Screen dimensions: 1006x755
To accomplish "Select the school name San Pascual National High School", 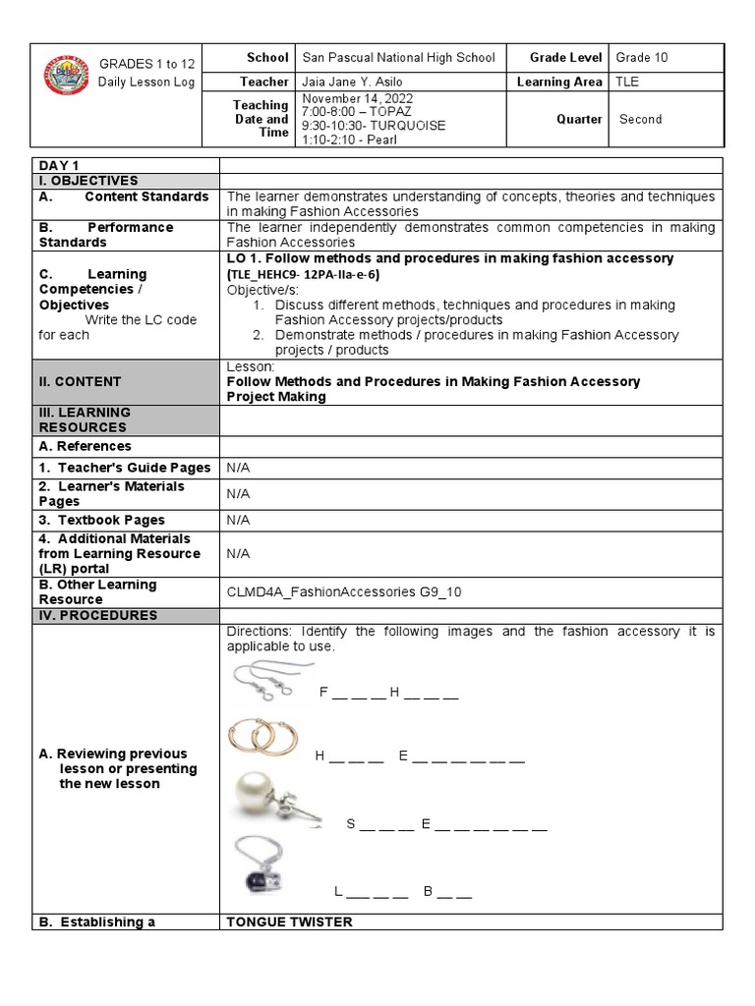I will [x=398, y=58].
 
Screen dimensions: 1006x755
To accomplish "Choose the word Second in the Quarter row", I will [x=641, y=119].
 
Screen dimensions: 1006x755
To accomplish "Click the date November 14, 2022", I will [x=357, y=99].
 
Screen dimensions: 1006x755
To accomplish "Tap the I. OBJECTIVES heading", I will [x=88, y=181].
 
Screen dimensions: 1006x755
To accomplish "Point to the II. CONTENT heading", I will [x=81, y=381].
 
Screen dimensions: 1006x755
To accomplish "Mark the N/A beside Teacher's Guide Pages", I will [x=239, y=468].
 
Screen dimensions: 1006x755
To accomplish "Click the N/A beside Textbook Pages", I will [x=239, y=520].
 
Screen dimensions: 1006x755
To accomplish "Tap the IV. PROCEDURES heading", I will [x=98, y=615].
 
